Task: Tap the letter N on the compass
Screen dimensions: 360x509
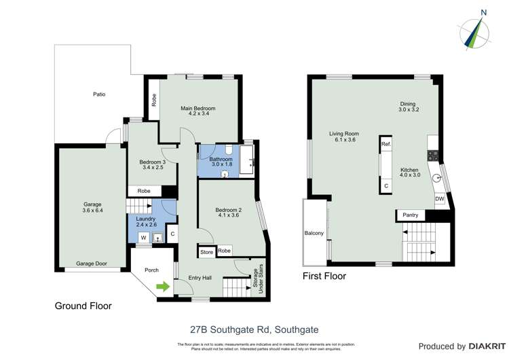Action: (483, 12)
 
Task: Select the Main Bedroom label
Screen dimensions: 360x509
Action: (197, 109)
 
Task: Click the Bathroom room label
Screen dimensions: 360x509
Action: (221, 158)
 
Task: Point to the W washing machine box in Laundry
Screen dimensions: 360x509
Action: (143, 238)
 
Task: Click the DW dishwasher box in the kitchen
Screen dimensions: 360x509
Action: (440, 198)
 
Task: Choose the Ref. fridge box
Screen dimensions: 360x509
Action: (385, 145)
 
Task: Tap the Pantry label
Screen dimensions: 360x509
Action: (411, 215)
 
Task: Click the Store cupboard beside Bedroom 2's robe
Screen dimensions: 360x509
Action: (206, 252)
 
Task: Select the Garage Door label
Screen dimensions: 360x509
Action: (92, 263)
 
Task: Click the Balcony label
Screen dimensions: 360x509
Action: (314, 234)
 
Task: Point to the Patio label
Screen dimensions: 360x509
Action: (99, 94)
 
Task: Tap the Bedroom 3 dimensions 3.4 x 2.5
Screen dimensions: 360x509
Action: (153, 168)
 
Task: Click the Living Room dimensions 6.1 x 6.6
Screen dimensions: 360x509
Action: (343, 140)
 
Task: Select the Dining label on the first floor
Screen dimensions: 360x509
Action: (409, 103)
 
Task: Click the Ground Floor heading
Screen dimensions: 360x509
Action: (83, 306)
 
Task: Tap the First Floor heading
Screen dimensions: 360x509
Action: (324, 276)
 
